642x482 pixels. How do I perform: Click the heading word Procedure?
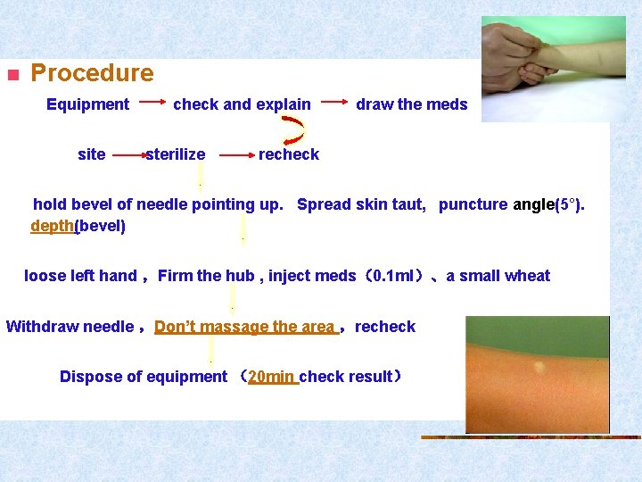click(92, 73)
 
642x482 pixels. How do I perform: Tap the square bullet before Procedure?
click(12, 75)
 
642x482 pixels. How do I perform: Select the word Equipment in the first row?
click(87, 104)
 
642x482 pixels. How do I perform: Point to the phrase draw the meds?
click(411, 104)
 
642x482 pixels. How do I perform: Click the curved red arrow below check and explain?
click(295, 129)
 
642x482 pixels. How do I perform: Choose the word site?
click(92, 154)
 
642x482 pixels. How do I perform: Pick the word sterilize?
click(176, 154)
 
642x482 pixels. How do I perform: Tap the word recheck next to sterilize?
click(288, 154)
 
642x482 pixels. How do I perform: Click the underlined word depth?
click(52, 226)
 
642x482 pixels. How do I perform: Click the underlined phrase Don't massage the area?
click(244, 327)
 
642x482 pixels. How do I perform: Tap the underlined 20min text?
click(272, 377)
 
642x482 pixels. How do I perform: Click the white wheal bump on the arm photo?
click(539, 367)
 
